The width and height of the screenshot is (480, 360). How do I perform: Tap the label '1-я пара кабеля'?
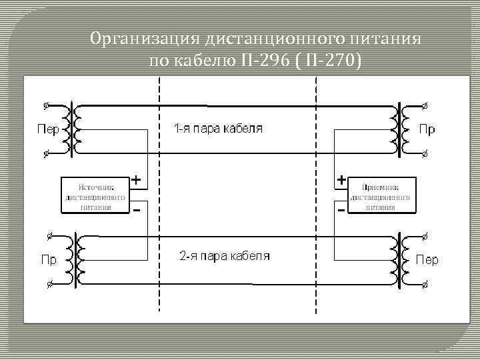pyautogui.click(x=219, y=129)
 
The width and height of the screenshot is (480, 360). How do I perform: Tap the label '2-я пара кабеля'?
pyautogui.click(x=224, y=256)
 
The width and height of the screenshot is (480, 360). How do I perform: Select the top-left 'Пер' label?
pyautogui.click(x=47, y=129)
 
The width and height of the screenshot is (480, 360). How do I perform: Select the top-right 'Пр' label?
pyautogui.click(x=427, y=129)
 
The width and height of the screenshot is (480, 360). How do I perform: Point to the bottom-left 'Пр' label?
pyautogui.click(x=49, y=259)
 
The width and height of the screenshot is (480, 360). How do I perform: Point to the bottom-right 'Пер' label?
pyautogui.click(x=427, y=259)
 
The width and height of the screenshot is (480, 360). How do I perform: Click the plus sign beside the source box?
pyautogui.click(x=135, y=180)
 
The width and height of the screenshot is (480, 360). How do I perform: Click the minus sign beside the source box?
pyautogui.click(x=136, y=209)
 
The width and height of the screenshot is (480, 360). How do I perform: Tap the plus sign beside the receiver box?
pyautogui.click(x=341, y=180)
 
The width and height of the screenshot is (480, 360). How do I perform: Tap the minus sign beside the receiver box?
pyautogui.click(x=341, y=209)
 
